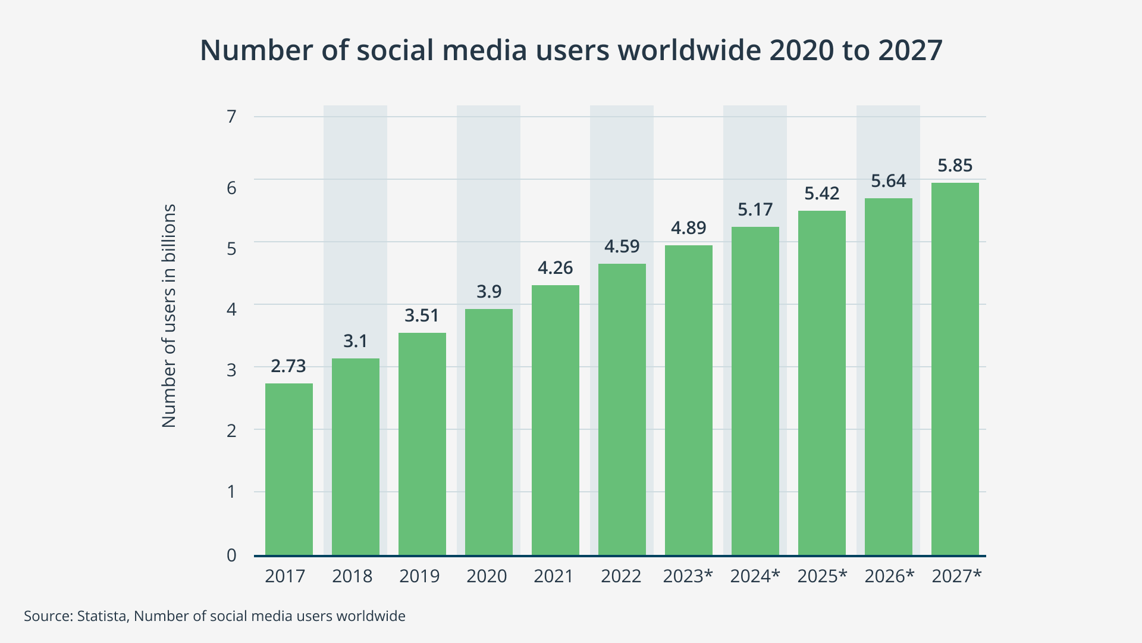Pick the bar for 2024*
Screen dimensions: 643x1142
755,391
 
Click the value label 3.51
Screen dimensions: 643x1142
422,316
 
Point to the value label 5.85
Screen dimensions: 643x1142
955,166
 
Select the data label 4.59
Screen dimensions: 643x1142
622,246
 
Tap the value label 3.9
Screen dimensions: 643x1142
489,292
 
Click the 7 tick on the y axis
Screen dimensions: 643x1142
231,117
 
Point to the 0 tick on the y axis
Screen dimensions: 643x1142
231,555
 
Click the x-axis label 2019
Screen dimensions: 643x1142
419,576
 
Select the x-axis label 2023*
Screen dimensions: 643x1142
688,576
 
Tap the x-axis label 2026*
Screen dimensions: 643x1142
889,576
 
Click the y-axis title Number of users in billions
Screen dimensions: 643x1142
170,316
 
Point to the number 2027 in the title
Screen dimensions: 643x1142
910,50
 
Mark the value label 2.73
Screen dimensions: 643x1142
288,366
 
